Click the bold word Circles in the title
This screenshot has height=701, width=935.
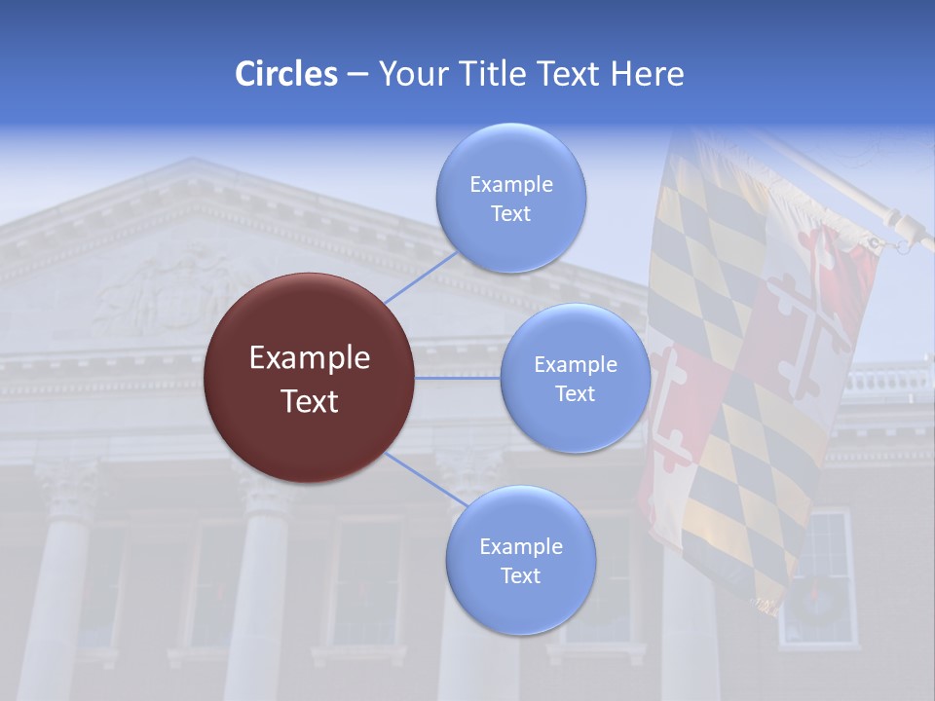coord(286,74)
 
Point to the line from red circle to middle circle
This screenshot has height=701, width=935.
coord(457,378)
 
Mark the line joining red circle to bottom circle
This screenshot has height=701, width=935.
coord(427,480)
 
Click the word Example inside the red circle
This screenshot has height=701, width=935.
coord(309,358)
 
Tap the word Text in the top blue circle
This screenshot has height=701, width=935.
coord(510,214)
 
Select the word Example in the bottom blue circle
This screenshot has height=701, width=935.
coord(520,547)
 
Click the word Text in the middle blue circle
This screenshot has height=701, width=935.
coord(576,393)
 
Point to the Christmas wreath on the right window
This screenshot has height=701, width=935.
coord(816,600)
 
